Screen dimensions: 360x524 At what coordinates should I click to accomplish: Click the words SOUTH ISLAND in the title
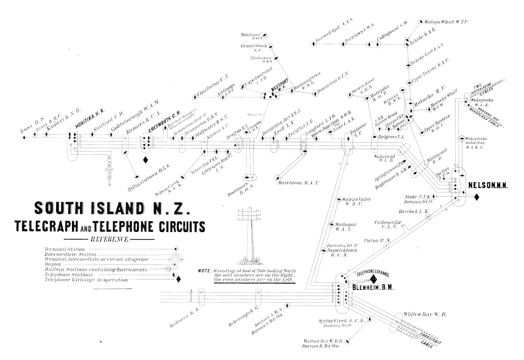(x=91, y=208)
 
